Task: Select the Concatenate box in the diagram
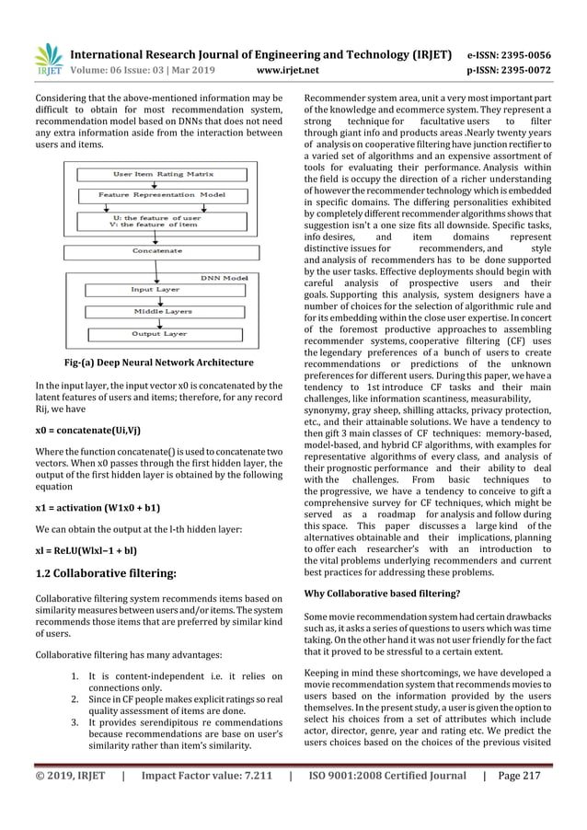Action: [155, 250]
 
